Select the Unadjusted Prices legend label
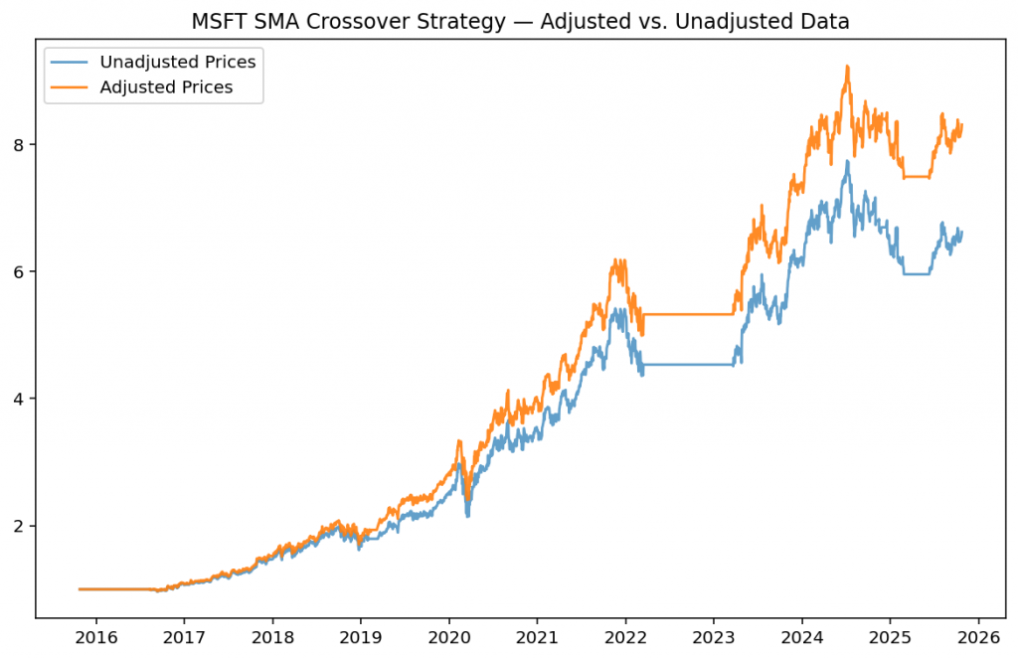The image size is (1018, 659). coord(178,63)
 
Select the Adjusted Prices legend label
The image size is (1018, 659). coord(166,87)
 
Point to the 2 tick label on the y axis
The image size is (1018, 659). coord(20,526)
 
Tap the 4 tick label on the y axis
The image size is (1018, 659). coord(20,399)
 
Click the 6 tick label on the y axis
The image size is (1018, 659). coord(20,271)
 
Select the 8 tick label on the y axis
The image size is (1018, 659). coord(20,144)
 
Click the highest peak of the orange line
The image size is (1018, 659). coord(847,67)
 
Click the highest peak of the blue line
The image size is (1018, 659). coord(847,161)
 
